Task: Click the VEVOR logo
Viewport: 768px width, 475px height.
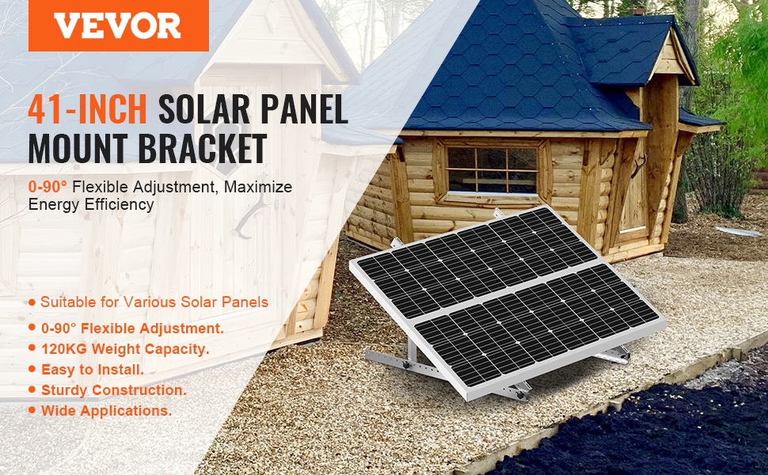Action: pos(118,25)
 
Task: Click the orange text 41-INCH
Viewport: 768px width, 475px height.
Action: pos(87,109)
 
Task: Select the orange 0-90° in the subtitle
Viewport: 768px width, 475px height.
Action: pos(47,187)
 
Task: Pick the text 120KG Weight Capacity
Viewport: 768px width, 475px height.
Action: pos(124,348)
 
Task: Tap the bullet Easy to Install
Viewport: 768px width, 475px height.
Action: pos(92,369)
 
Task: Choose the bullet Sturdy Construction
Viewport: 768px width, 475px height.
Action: pos(113,389)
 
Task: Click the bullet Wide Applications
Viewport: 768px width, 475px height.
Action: pos(106,411)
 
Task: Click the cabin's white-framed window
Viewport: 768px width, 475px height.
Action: pos(492,169)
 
